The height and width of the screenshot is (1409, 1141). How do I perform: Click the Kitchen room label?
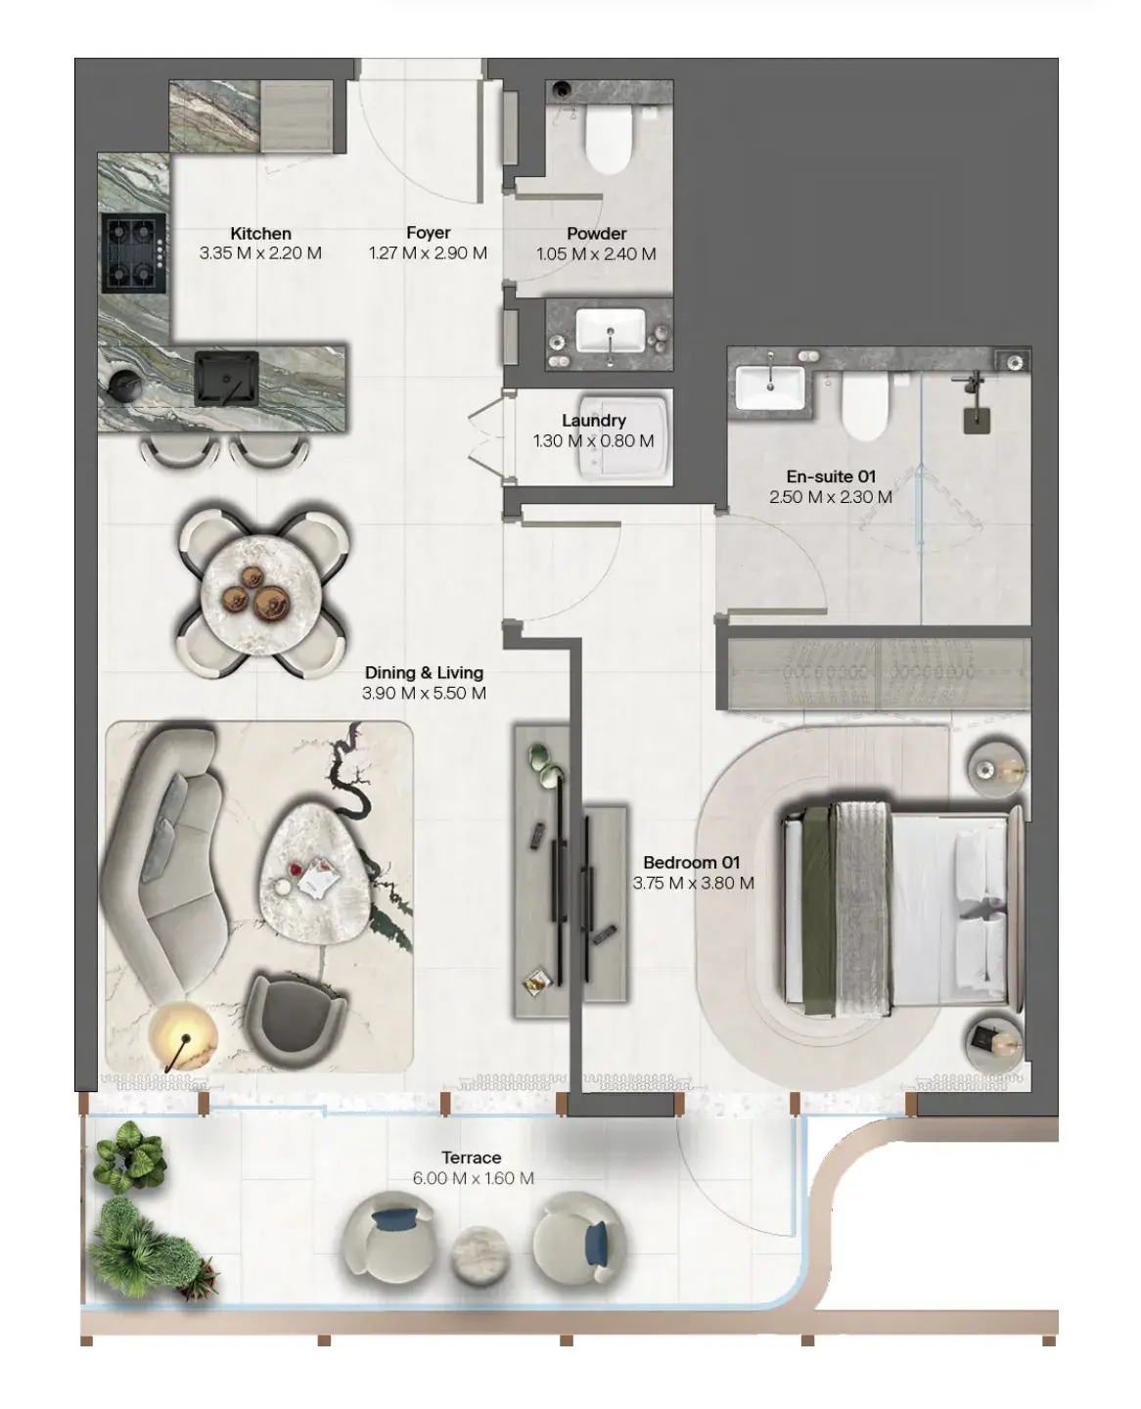(x=260, y=234)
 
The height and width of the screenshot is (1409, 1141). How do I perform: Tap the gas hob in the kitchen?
(x=134, y=253)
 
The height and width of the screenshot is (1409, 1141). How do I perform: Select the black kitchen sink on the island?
(x=226, y=379)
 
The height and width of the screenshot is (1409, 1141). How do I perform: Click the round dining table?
(x=261, y=593)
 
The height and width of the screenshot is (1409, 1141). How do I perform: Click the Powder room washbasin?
(x=610, y=331)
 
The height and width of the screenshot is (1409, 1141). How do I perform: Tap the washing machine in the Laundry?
(x=623, y=436)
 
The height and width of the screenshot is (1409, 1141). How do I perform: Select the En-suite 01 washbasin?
(x=770, y=388)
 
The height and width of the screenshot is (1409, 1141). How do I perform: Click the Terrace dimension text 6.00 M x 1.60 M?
(x=473, y=1177)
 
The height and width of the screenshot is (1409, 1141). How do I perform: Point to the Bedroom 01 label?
(x=691, y=863)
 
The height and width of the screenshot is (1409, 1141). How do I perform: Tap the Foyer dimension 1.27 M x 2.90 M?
(x=428, y=252)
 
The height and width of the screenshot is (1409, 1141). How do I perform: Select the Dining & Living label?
(x=424, y=672)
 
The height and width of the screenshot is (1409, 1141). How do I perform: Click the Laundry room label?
(x=593, y=420)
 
